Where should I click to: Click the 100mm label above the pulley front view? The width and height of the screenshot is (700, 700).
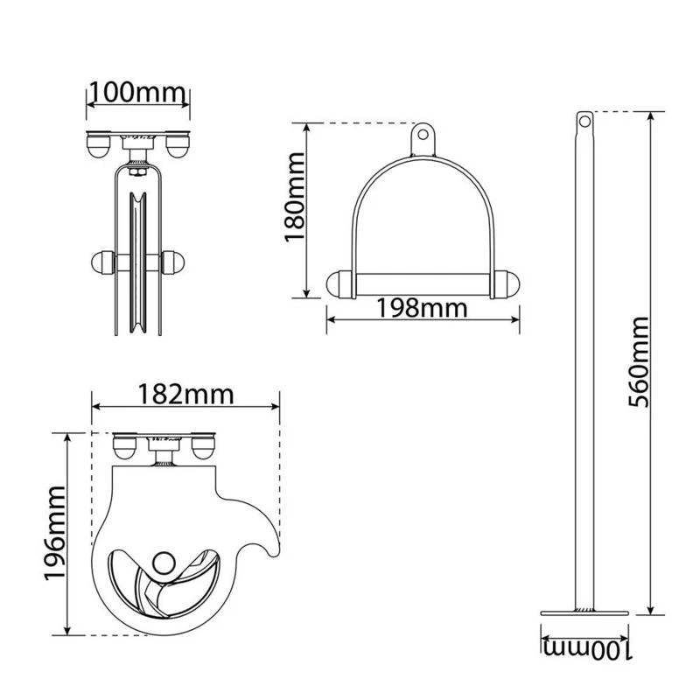pos(137,93)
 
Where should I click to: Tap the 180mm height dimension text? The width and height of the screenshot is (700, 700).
pos(295,198)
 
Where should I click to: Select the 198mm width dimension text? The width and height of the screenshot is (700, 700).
pos(423,308)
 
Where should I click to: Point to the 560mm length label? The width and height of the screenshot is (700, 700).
pos(638,361)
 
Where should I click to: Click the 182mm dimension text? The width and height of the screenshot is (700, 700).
pos(185,395)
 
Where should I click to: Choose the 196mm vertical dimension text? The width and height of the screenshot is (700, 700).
pos(55,533)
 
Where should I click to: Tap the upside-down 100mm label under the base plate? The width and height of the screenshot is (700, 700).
pos(587,650)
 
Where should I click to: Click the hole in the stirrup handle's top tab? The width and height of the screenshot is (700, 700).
pos(423,135)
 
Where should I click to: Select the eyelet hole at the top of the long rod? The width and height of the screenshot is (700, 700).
pos(584,121)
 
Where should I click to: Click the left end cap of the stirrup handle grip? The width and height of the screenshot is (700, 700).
pos(340,284)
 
